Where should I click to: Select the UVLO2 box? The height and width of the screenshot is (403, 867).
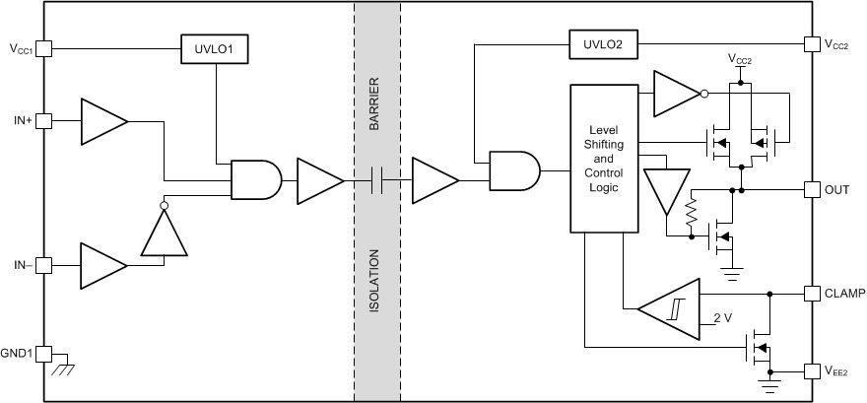(603, 43)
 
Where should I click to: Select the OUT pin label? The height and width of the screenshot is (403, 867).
(837, 188)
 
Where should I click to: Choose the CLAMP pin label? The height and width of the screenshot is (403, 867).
(844, 293)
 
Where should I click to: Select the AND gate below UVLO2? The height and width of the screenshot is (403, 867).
(514, 169)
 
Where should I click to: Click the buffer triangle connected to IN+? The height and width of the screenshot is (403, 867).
(102, 120)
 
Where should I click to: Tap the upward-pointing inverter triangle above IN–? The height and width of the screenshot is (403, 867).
(164, 234)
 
